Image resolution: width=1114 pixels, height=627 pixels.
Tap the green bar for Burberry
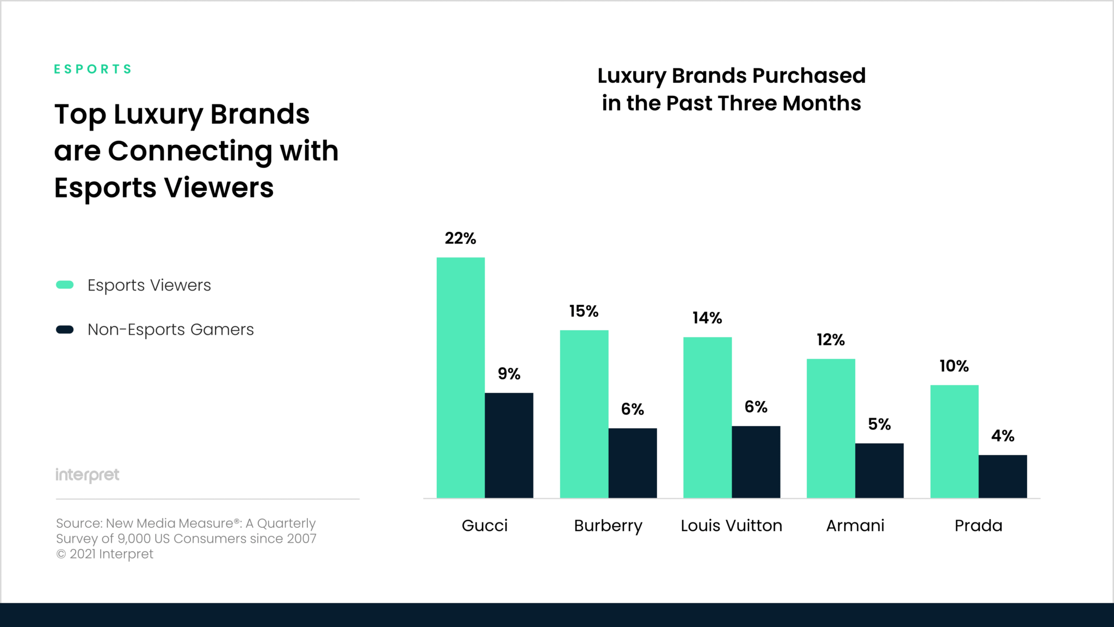click(x=584, y=414)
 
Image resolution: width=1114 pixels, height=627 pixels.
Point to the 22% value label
click(x=460, y=238)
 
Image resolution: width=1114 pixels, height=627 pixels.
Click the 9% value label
click(x=509, y=374)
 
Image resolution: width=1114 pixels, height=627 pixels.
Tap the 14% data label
click(x=707, y=318)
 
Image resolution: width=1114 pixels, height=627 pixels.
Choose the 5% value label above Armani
click(x=879, y=425)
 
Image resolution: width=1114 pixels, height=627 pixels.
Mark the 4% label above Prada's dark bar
click(x=1002, y=436)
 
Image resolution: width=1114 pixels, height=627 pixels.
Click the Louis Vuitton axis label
click(x=731, y=526)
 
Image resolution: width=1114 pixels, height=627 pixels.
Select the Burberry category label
click(x=608, y=526)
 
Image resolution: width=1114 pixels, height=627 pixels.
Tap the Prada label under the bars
click(x=978, y=526)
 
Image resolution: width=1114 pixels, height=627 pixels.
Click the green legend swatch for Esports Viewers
click(x=65, y=285)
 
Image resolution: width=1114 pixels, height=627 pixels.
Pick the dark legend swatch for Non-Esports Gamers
click(x=65, y=330)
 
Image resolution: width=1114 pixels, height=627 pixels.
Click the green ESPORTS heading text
click(x=93, y=69)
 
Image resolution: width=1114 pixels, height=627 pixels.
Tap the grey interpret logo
click(x=87, y=475)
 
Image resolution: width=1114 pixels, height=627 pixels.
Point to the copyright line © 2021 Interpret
click(x=104, y=554)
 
